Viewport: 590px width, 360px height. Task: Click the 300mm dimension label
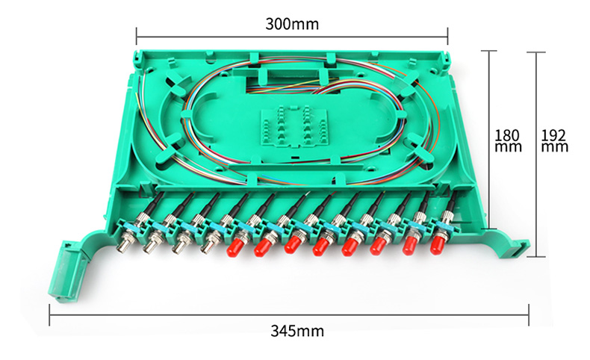292,24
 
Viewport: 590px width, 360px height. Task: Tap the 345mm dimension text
297,331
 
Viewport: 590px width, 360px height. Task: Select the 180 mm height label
508,140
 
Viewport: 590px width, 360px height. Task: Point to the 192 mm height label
555,140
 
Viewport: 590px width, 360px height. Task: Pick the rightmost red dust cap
436,244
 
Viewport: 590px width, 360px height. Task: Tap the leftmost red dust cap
233,247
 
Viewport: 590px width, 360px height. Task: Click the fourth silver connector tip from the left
208,247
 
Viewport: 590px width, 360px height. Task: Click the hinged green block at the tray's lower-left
69,271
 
